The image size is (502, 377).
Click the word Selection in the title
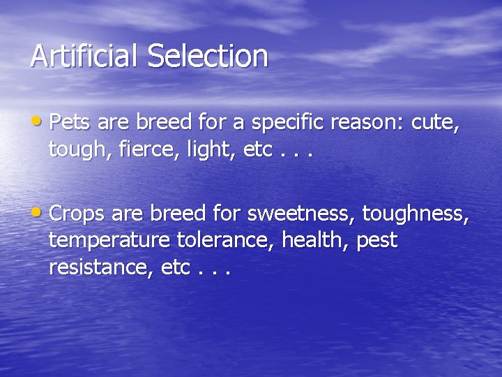(x=207, y=56)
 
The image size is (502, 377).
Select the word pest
(x=377, y=242)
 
